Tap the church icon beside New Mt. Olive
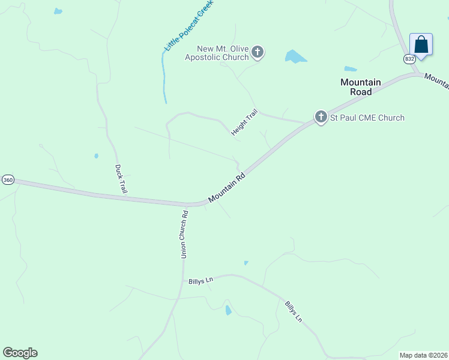pyautogui.click(x=258, y=52)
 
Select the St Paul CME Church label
pyautogui.click(x=367, y=118)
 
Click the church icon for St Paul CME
pyautogui.click(x=321, y=116)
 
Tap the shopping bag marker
pyautogui.click(x=421, y=45)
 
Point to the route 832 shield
pyautogui.click(x=409, y=59)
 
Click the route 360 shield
pyautogui.click(x=8, y=180)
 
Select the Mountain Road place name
pyautogui.click(x=361, y=87)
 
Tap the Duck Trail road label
pyautogui.click(x=121, y=179)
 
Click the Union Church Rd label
pyautogui.click(x=185, y=234)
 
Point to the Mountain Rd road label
pyautogui.click(x=228, y=187)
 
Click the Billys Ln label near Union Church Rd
pyautogui.click(x=201, y=281)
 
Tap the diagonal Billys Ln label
pyautogui.click(x=294, y=311)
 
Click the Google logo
pyautogui.click(x=20, y=353)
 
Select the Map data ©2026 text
pyautogui.click(x=423, y=355)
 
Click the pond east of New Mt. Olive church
pyautogui.click(x=295, y=57)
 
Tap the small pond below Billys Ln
pyautogui.click(x=228, y=310)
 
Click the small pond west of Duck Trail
pyautogui.click(x=96, y=156)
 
